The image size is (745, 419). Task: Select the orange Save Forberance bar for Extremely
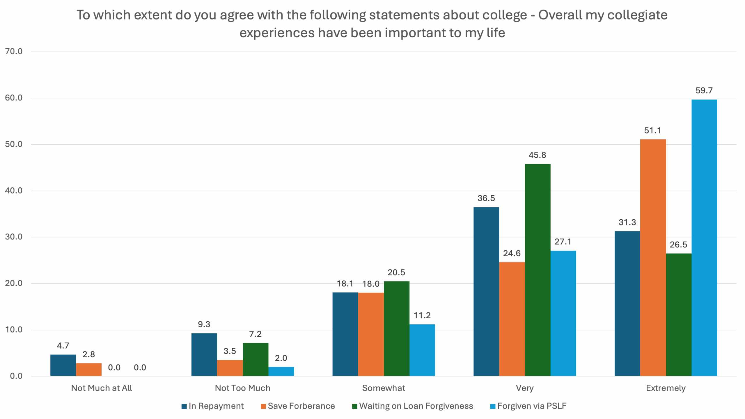click(653, 258)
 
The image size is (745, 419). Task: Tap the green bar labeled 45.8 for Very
click(538, 270)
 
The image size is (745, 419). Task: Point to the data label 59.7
click(704, 90)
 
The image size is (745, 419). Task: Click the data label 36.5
click(486, 198)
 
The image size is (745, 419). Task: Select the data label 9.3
click(204, 324)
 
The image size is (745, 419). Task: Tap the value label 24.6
click(512, 253)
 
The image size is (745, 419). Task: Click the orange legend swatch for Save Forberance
click(263, 406)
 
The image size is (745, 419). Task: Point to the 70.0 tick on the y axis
click(14, 52)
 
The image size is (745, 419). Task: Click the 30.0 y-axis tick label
click(14, 237)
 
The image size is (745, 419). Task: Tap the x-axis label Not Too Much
click(242, 388)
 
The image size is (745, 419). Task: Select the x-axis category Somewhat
click(384, 388)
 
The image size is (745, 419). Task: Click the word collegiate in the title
click(637, 15)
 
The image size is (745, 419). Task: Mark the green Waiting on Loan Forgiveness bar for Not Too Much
click(256, 359)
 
